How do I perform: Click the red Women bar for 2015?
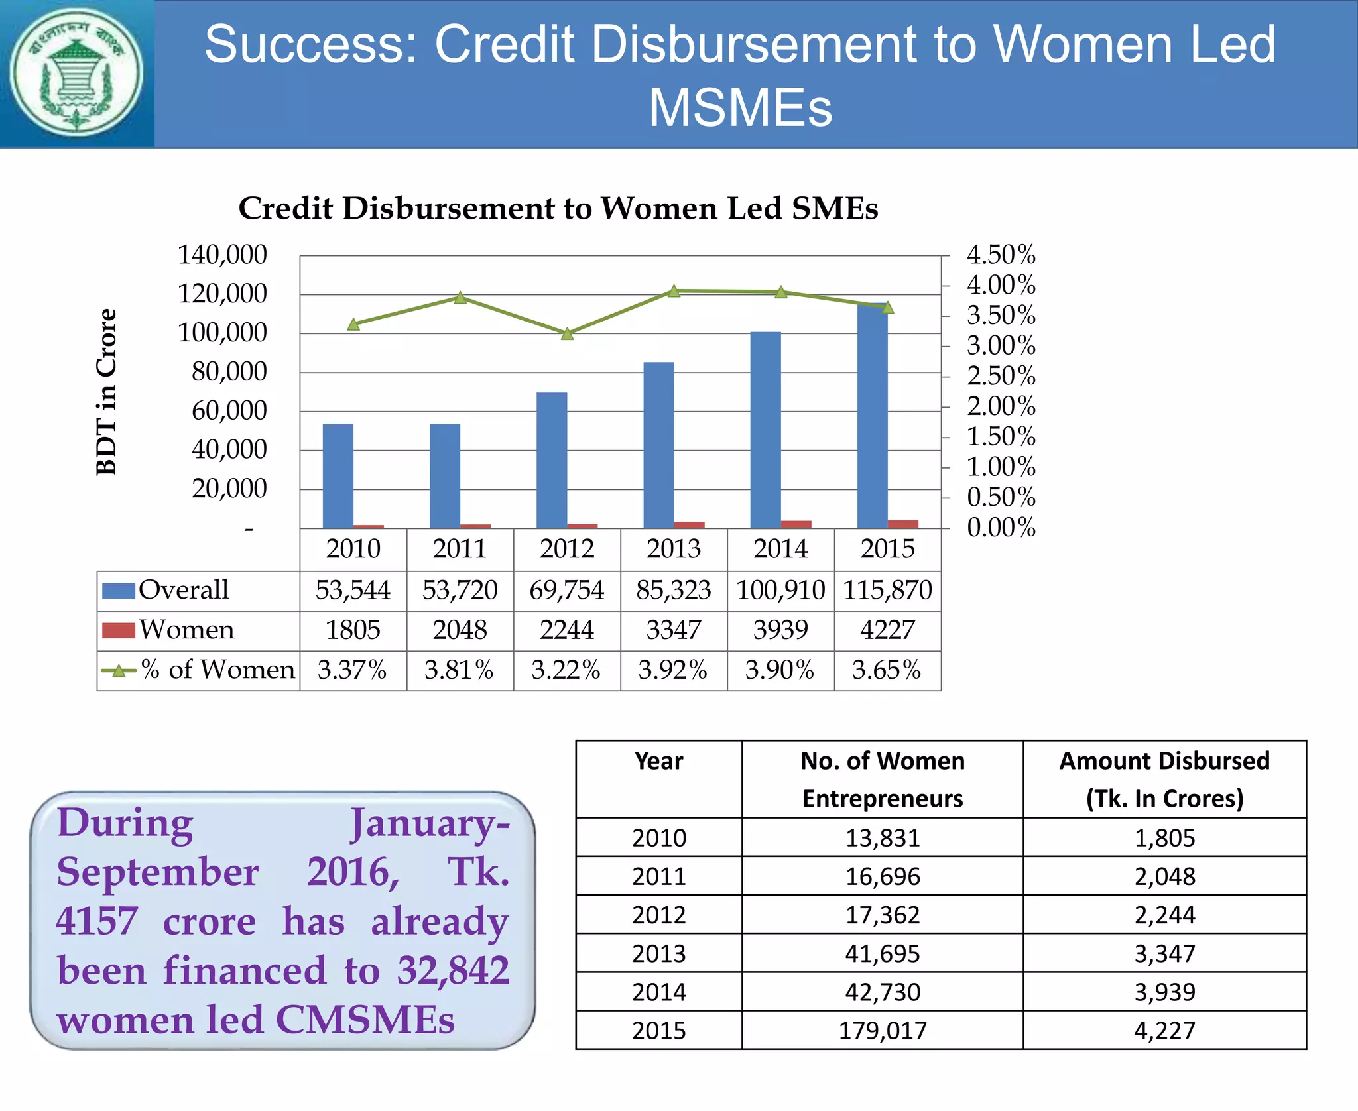(903, 524)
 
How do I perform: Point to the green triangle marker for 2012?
(567, 334)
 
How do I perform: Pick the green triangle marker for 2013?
(674, 291)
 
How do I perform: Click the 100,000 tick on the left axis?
(222, 333)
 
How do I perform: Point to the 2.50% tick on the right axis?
(1001, 376)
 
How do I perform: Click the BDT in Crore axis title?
(106, 391)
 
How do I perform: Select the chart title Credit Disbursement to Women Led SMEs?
(558, 208)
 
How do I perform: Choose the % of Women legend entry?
(216, 670)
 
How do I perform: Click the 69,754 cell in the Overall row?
(566, 590)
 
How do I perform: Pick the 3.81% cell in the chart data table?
(459, 670)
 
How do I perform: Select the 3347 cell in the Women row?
(673, 630)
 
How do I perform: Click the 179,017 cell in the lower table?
(882, 1030)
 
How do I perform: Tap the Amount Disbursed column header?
(1164, 779)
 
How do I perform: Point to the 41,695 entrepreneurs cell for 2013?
(882, 953)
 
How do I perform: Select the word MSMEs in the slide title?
(740, 107)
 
